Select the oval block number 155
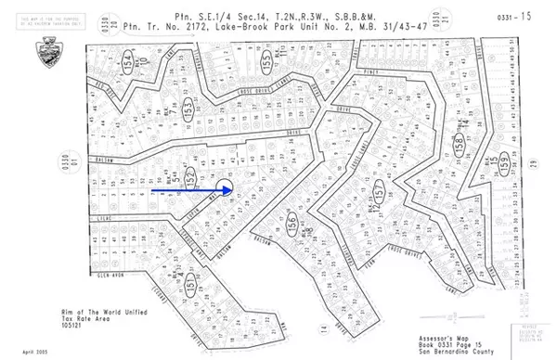click(x=266, y=60)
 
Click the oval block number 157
click(x=380, y=192)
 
